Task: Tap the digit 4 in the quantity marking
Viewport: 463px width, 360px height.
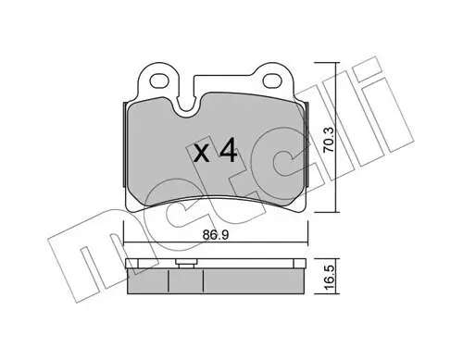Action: tap(228, 151)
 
